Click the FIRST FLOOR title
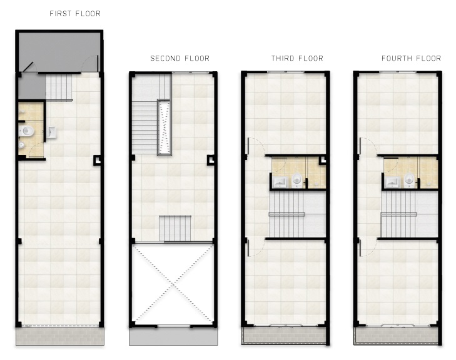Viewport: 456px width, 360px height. point(75,14)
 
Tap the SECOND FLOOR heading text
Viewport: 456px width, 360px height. point(180,58)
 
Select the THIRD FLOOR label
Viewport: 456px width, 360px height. point(297,58)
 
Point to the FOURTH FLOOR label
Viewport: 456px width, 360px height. point(411,58)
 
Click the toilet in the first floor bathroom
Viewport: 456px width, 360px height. point(27,131)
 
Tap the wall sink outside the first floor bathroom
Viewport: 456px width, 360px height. point(51,132)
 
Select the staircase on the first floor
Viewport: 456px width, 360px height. point(59,87)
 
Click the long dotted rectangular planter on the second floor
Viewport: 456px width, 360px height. point(165,127)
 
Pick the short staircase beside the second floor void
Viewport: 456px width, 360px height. point(175,228)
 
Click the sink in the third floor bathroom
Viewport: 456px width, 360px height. point(280,182)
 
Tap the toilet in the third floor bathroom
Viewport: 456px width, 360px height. point(297,180)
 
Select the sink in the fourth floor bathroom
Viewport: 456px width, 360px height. point(392,182)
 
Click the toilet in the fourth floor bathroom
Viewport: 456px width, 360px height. point(409,180)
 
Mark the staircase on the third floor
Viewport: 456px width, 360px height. point(297,214)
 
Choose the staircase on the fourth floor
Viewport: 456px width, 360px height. point(409,214)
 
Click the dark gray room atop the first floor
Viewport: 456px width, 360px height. point(59,51)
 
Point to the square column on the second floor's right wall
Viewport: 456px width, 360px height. point(211,160)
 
